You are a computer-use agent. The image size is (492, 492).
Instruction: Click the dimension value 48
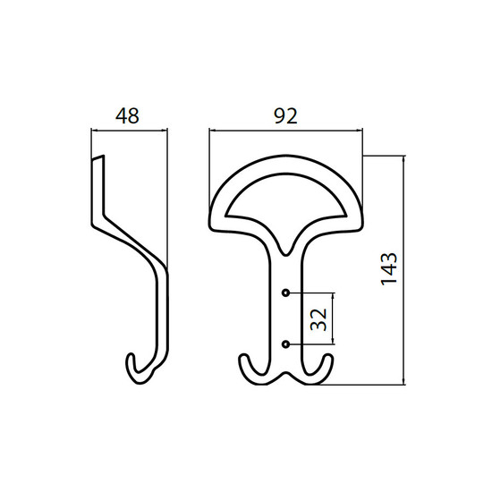pyautogui.click(x=127, y=115)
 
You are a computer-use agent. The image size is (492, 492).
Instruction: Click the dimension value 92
pyautogui.click(x=285, y=115)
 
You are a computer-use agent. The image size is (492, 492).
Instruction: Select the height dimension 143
pyautogui.click(x=389, y=268)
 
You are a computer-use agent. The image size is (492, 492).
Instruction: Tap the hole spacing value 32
pyautogui.click(x=318, y=319)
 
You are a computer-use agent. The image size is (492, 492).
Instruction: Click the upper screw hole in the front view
pyautogui.click(x=285, y=293)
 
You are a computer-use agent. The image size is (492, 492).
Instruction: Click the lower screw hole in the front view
pyautogui.click(x=285, y=344)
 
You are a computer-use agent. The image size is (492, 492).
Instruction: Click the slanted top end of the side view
pyautogui.click(x=98, y=157)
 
